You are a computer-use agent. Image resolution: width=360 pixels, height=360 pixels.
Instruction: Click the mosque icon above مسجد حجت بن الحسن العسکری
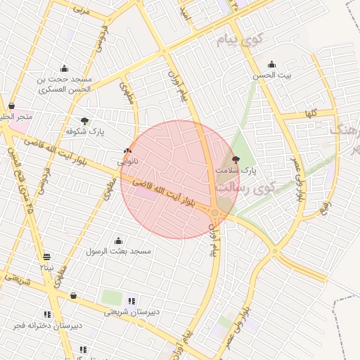(65, 68)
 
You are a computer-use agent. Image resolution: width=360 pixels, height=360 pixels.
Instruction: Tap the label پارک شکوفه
(85, 131)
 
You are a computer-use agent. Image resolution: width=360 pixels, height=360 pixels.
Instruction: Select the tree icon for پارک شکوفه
(85, 121)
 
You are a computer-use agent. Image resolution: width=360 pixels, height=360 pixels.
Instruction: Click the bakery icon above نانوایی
(127, 150)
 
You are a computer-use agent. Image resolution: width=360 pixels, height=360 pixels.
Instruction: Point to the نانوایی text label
(127, 161)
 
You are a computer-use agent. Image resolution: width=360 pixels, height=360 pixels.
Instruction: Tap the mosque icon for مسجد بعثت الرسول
(117, 240)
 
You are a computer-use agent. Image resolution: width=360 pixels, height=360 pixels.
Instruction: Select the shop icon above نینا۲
(46, 257)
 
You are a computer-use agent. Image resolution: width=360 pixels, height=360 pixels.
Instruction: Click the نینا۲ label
(46, 267)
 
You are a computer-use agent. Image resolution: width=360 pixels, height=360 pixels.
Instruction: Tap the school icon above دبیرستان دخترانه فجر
(47, 314)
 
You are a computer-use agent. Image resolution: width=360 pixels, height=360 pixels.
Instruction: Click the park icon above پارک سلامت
(235, 160)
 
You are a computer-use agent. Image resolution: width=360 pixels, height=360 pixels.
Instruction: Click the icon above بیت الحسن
(272, 64)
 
